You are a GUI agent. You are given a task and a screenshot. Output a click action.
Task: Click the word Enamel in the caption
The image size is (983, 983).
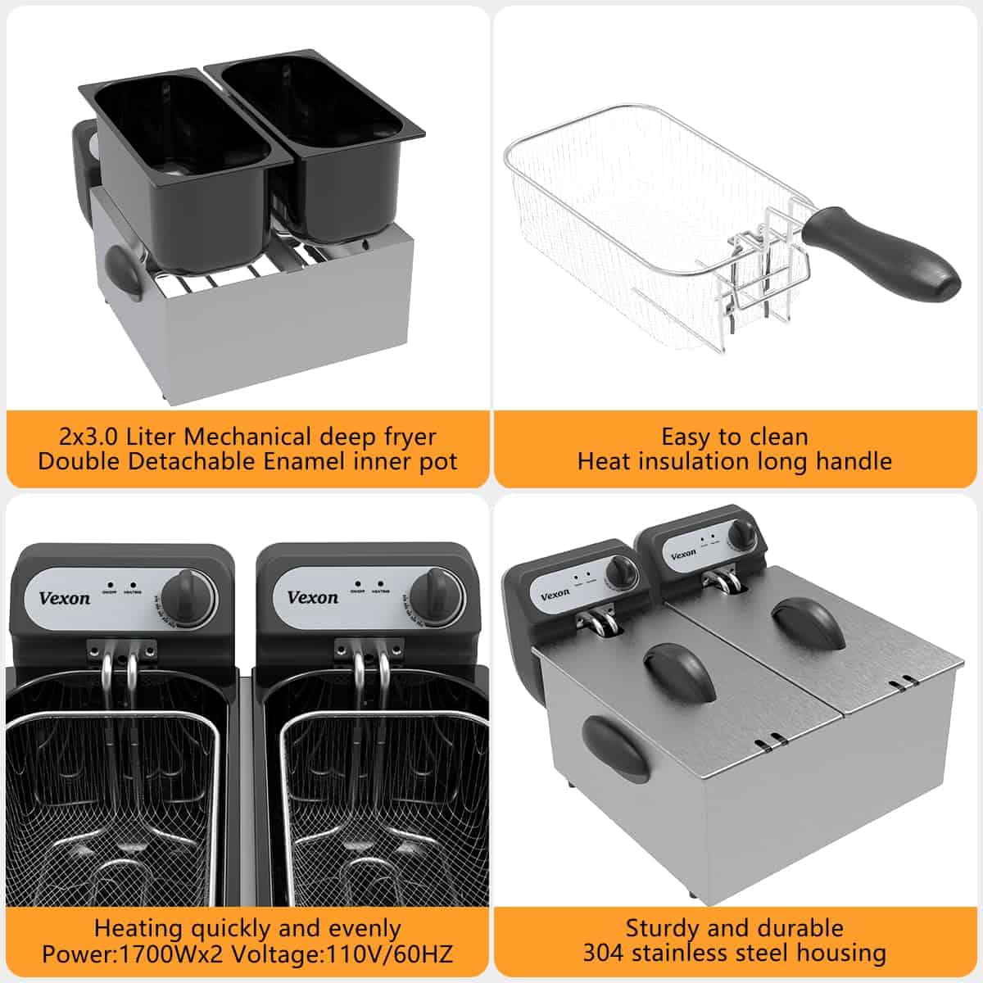click(x=304, y=461)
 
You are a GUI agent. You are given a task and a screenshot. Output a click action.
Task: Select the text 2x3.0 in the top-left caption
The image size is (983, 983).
click(x=88, y=436)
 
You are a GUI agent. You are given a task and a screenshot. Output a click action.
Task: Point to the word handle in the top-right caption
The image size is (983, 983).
click(x=852, y=461)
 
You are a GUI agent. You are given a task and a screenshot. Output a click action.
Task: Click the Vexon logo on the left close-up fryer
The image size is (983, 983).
click(x=64, y=598)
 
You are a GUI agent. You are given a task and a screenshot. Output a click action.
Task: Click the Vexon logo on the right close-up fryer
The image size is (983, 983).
click(x=312, y=597)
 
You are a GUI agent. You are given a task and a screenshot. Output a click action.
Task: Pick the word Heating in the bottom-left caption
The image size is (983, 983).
click(x=138, y=929)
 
